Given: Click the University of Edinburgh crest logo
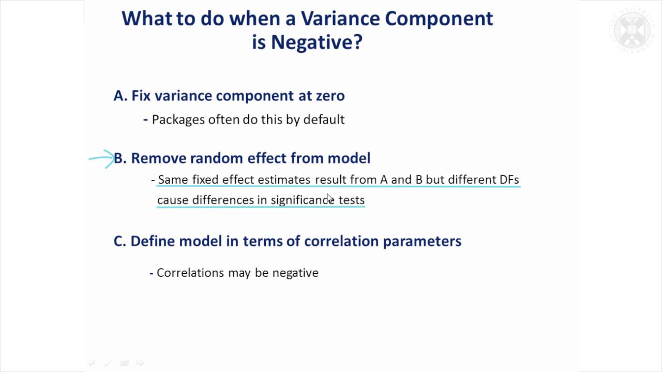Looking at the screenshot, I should click(x=635, y=30).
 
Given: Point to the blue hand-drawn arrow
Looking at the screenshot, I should click(x=102, y=159).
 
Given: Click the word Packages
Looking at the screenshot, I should click(x=178, y=119).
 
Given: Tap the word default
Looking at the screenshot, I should click(x=324, y=119).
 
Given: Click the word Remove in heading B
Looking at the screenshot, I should click(x=159, y=158).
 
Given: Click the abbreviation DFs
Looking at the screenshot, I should click(x=509, y=179).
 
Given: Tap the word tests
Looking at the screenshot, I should click(x=352, y=200).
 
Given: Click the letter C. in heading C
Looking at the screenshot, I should click(x=120, y=241).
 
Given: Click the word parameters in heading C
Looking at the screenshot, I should click(x=422, y=241).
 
